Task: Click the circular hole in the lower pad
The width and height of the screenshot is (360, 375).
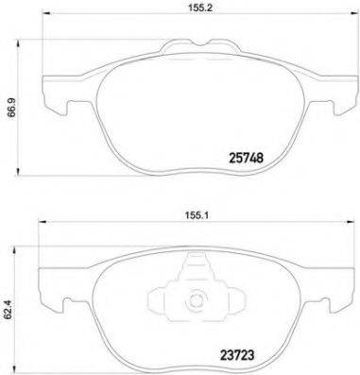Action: pos(197,303)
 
